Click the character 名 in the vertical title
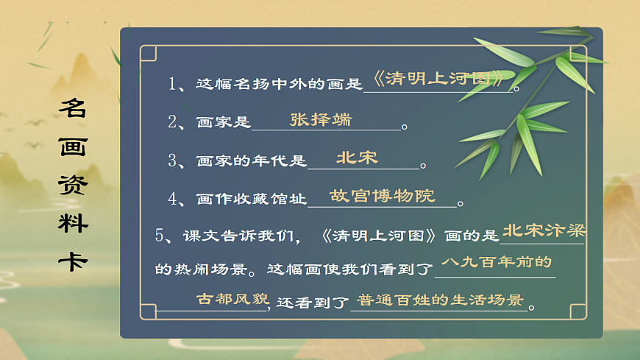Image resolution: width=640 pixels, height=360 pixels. point(73,109)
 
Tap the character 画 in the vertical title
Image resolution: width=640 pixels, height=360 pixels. point(73,147)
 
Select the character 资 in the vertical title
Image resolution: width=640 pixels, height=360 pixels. point(73,186)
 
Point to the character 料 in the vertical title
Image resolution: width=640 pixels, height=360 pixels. point(73,224)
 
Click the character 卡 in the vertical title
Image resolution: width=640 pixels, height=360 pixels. point(73,262)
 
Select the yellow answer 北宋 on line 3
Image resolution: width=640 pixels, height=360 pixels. point(357,158)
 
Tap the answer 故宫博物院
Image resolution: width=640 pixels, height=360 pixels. point(383,196)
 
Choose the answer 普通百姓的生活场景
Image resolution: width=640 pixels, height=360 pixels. point(440,300)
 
